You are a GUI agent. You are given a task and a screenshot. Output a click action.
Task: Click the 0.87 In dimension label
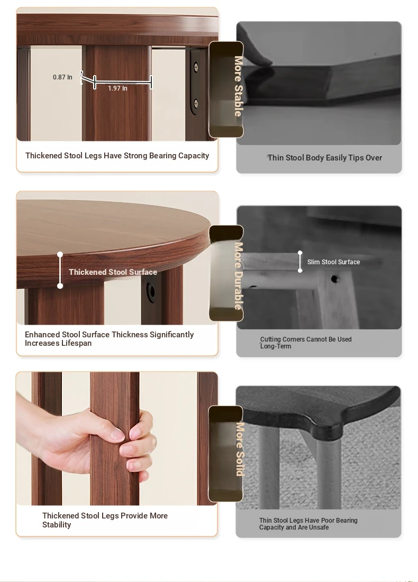point(62,77)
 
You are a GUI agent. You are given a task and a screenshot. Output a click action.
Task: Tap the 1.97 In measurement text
point(117,88)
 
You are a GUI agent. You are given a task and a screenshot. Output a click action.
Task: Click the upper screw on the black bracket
point(196,67)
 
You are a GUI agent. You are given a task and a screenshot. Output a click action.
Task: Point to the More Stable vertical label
point(239,86)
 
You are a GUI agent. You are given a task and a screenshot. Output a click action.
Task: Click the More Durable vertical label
point(239,276)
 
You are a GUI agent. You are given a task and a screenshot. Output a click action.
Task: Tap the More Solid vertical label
point(240,449)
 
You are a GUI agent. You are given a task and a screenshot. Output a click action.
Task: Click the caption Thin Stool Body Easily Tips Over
point(325,158)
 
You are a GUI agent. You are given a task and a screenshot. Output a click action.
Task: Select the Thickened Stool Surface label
point(113,272)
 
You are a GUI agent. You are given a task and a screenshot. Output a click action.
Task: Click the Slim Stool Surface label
point(333,262)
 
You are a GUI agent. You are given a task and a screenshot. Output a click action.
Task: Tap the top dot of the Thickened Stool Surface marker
point(60,254)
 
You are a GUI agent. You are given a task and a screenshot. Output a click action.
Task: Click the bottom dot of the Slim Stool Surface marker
point(300,271)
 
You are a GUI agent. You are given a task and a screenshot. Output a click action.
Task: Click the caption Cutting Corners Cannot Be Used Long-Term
point(306,343)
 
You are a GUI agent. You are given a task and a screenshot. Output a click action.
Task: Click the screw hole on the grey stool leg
point(334,279)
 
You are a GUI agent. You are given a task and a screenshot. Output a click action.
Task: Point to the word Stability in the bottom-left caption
point(57,525)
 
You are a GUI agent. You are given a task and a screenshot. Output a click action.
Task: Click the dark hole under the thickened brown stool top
point(151,291)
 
